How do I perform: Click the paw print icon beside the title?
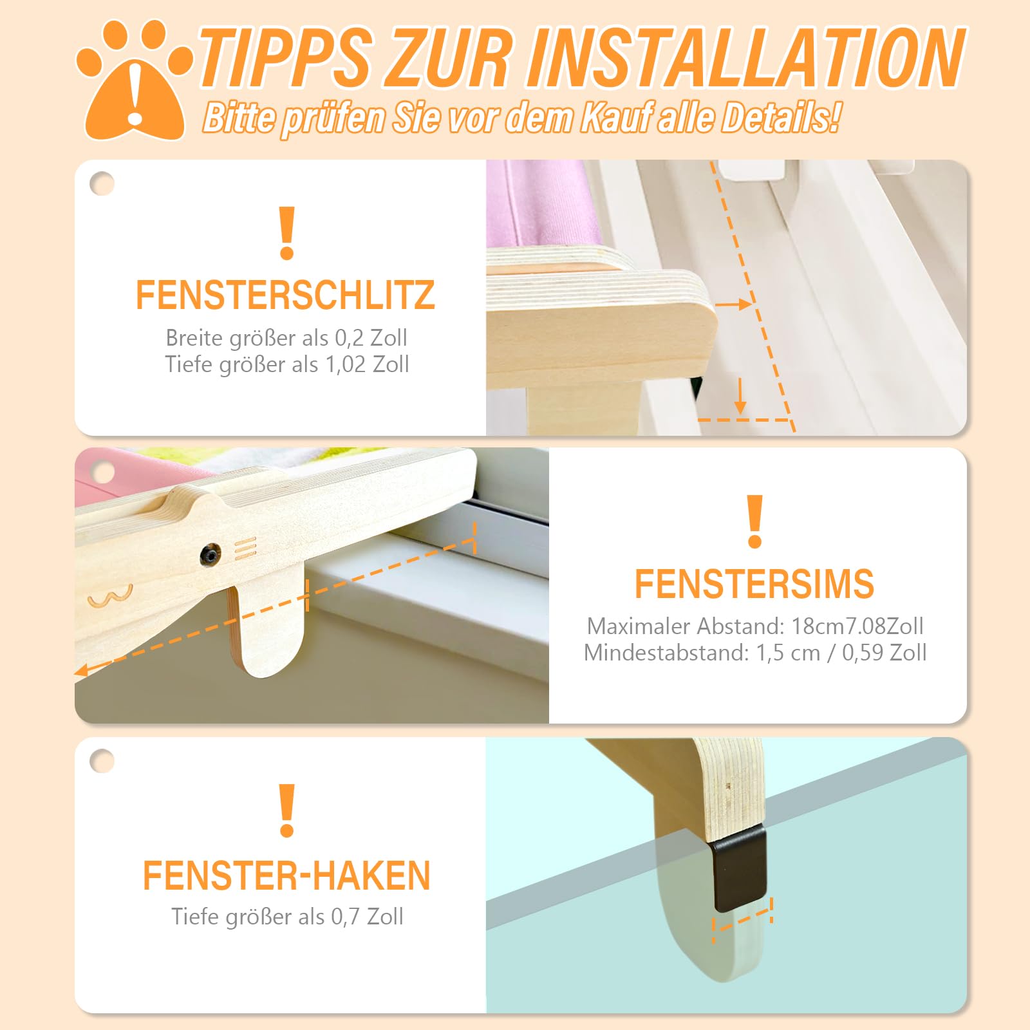(134, 80)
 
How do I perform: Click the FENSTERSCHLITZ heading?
(285, 295)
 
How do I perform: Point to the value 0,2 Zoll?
(371, 338)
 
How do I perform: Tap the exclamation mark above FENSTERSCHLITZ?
(287, 233)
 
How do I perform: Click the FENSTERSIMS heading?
(754, 584)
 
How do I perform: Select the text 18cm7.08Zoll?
(857, 626)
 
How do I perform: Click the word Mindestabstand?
(666, 653)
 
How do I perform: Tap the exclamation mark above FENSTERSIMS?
(755, 521)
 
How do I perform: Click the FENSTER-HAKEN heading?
(286, 876)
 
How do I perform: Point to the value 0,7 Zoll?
(367, 917)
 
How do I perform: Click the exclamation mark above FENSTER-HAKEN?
(287, 810)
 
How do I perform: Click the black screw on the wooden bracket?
(209, 554)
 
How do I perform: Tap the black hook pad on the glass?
(740, 869)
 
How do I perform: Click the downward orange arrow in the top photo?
(740, 396)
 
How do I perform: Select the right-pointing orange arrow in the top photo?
(733, 304)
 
